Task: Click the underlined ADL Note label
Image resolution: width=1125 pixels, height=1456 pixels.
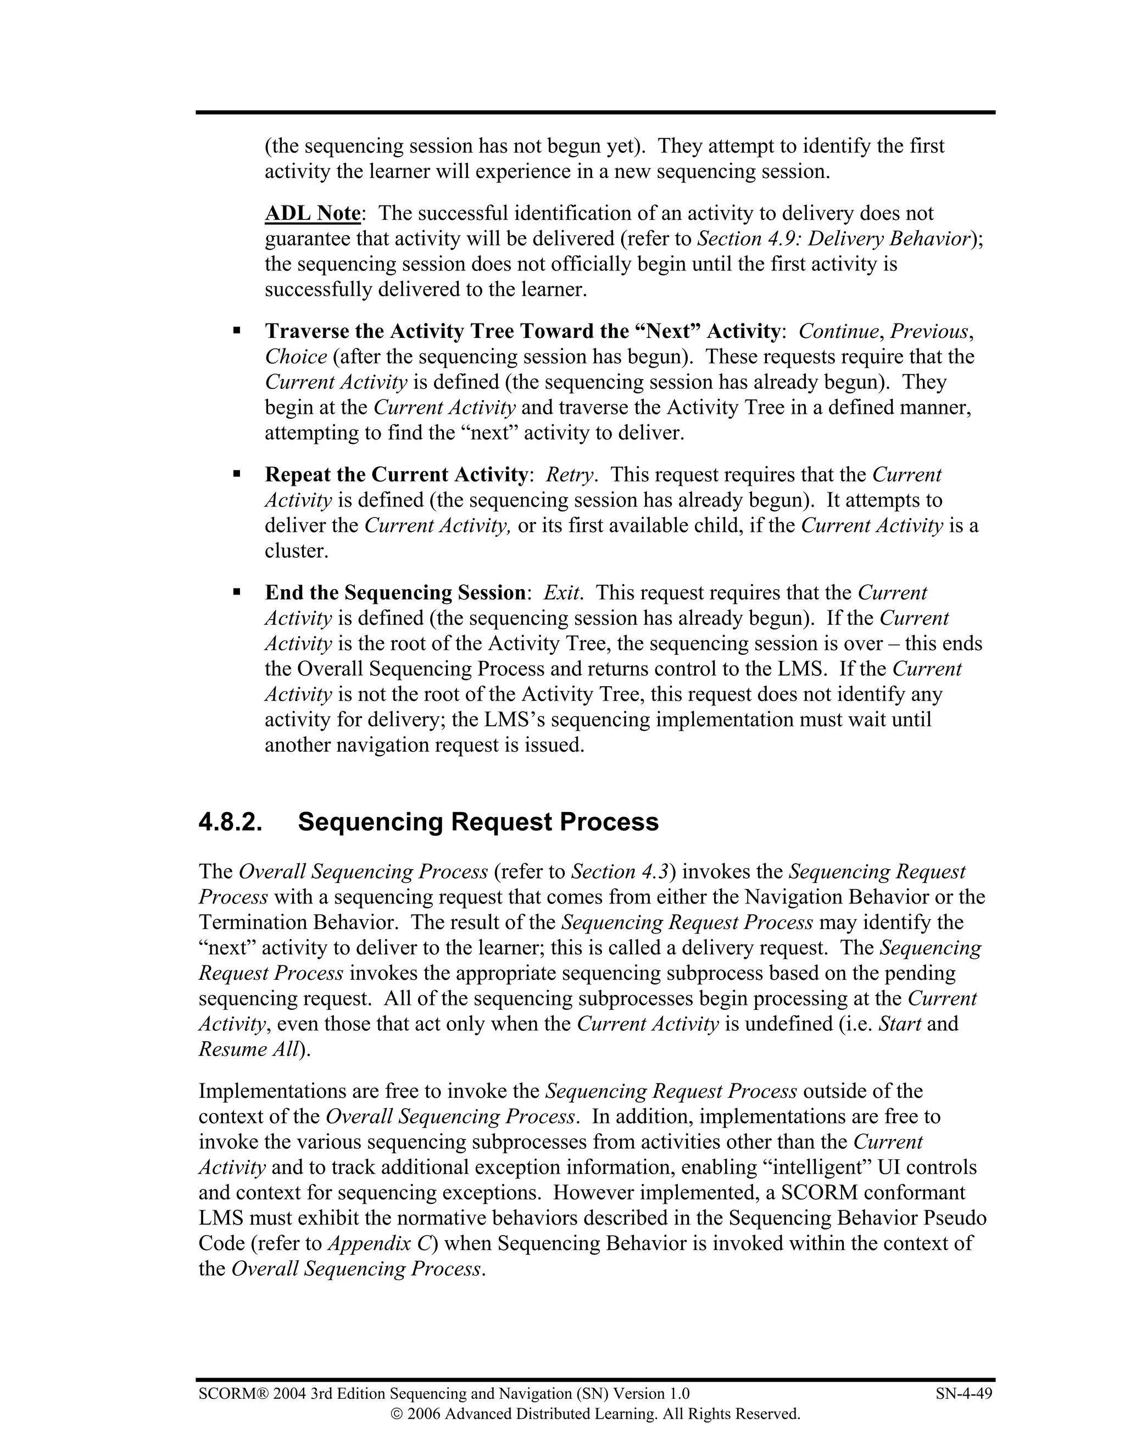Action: (x=313, y=213)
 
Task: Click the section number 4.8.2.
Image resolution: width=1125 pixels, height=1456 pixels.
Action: (x=231, y=822)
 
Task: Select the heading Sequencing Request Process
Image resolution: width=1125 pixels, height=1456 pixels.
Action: (x=478, y=822)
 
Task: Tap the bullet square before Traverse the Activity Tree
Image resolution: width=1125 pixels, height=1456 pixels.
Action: (x=237, y=330)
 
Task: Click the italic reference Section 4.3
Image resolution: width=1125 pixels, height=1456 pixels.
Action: (x=621, y=872)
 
